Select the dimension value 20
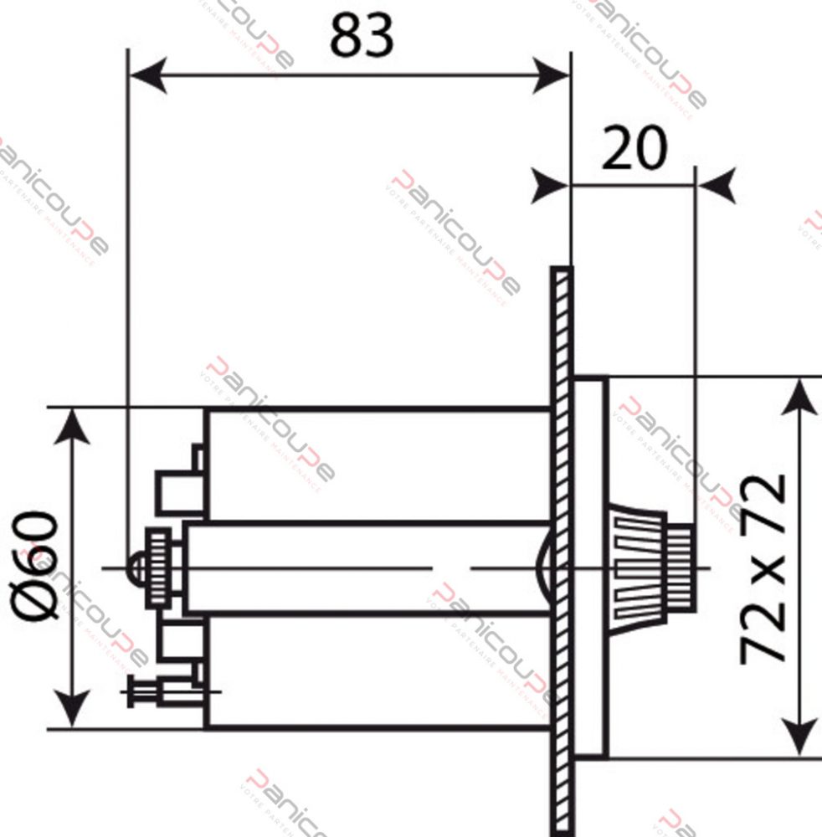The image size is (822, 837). (x=634, y=148)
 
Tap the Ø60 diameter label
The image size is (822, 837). (x=39, y=566)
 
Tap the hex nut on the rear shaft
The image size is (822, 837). (x=158, y=568)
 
